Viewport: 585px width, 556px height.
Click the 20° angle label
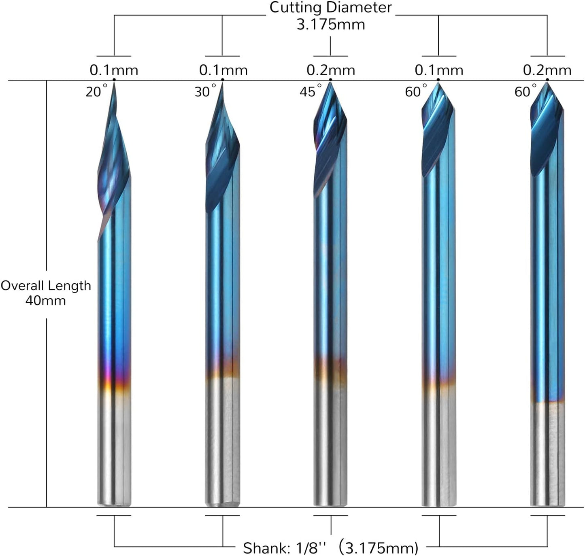click(96, 91)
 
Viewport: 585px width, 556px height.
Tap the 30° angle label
click(206, 91)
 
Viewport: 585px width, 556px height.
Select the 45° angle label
click(311, 91)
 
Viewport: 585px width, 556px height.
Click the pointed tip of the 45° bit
click(330, 83)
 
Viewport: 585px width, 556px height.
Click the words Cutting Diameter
click(331, 7)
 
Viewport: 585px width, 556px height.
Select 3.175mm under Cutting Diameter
click(331, 24)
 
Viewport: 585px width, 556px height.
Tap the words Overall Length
click(45, 286)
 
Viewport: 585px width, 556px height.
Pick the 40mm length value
click(45, 301)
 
